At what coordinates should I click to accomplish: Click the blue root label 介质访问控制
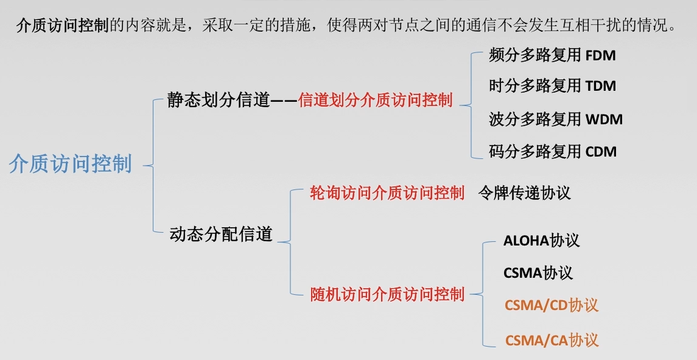(x=71, y=164)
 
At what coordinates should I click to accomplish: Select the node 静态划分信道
(x=218, y=101)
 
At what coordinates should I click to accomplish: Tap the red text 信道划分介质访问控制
(x=376, y=101)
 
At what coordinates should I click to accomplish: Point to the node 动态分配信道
(x=221, y=234)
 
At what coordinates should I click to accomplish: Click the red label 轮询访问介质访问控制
(x=387, y=193)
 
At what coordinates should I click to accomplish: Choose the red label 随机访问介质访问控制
(x=387, y=294)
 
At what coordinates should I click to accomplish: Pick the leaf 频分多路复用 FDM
(x=552, y=55)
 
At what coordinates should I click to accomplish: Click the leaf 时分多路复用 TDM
(x=552, y=86)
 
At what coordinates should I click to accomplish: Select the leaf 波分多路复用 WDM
(x=556, y=119)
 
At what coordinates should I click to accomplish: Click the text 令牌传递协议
(x=524, y=193)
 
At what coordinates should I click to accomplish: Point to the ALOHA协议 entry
(x=541, y=240)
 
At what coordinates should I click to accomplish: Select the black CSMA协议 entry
(x=538, y=272)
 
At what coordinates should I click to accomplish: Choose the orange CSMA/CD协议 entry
(x=552, y=305)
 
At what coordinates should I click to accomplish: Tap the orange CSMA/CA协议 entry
(x=552, y=340)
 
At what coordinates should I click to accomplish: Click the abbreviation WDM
(x=604, y=119)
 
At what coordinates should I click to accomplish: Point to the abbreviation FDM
(x=600, y=56)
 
